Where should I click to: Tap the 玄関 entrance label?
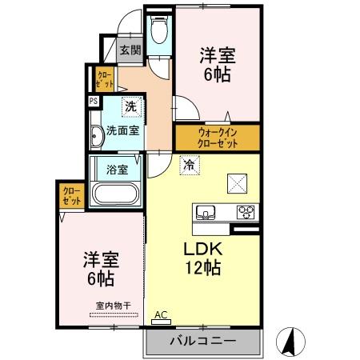tap(130, 50)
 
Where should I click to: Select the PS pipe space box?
tap(94, 101)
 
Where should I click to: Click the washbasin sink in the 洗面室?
tap(94, 136)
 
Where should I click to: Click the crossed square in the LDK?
tap(238, 183)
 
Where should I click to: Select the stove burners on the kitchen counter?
tap(246, 212)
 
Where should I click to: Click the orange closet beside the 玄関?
tap(105, 78)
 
